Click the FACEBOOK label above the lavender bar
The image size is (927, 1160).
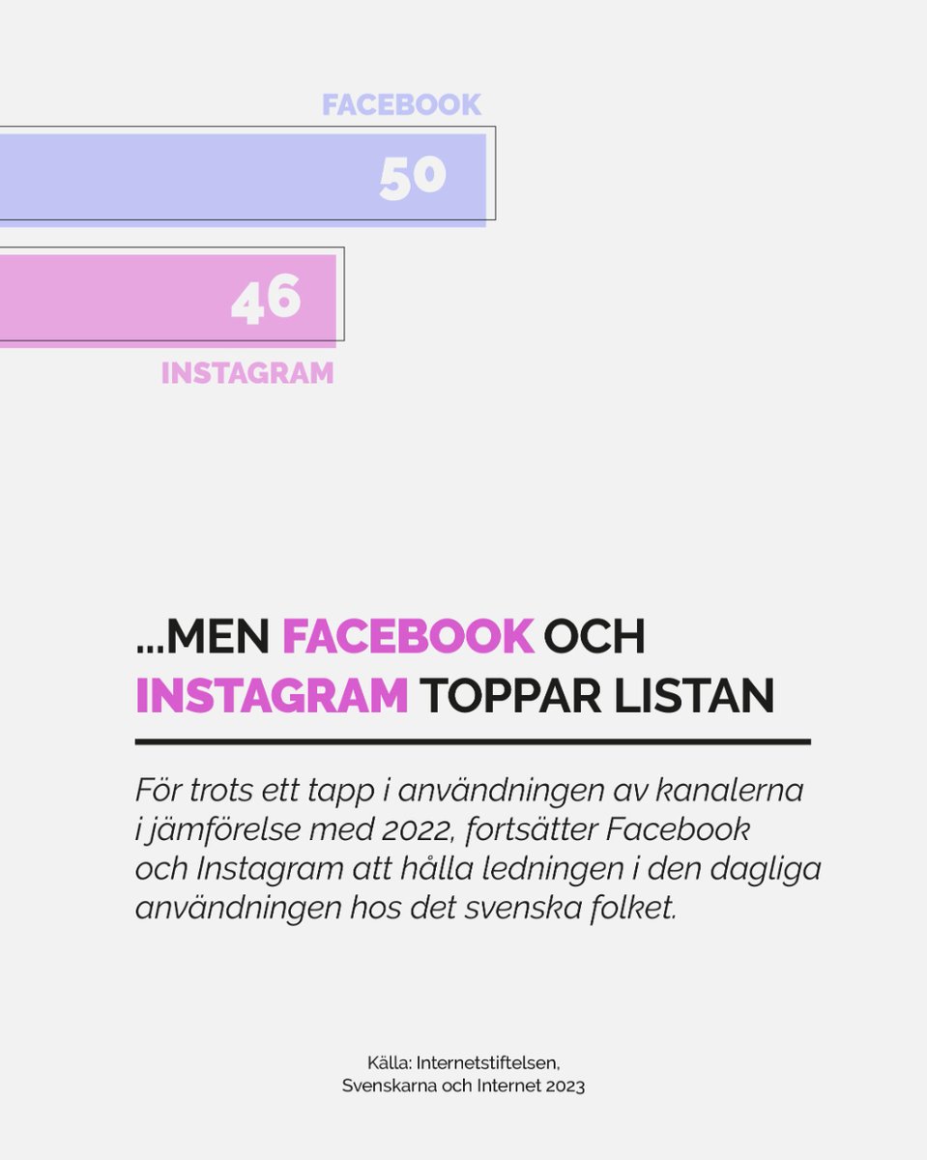coord(401,104)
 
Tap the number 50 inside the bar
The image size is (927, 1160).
coord(413,178)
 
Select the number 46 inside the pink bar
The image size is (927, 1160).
coord(266,300)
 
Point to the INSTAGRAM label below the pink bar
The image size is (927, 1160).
coord(247,373)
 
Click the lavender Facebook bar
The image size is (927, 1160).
coord(193,178)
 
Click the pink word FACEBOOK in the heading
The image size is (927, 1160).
coord(408,637)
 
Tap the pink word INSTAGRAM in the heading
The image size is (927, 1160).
coord(272,696)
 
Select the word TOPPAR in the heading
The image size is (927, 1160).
coord(513,696)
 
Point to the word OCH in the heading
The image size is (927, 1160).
coord(594,637)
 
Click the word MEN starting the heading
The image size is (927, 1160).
coord(219,637)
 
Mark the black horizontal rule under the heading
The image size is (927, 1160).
coord(472,742)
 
